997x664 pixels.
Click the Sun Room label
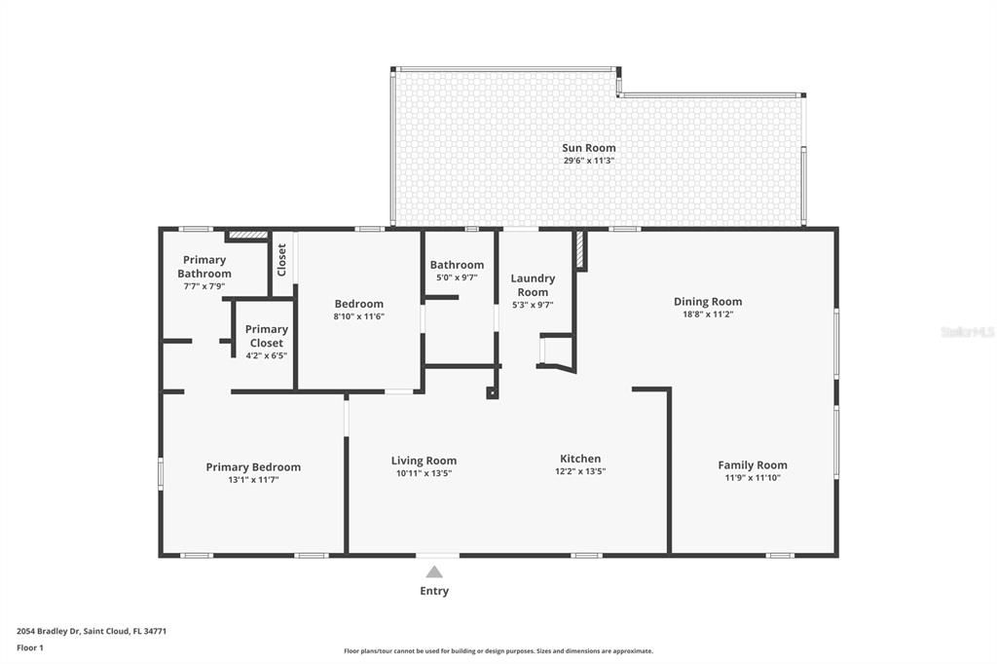(x=588, y=148)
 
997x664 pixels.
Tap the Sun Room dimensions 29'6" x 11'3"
(x=588, y=161)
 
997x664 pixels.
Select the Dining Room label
(x=707, y=302)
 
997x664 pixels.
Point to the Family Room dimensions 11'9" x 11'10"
(x=753, y=478)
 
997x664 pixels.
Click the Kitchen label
(x=580, y=459)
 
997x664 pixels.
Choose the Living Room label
(x=424, y=461)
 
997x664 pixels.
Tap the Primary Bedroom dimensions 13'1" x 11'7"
(x=253, y=480)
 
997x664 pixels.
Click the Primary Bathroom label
(x=204, y=267)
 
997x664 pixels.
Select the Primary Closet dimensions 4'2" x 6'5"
(x=266, y=355)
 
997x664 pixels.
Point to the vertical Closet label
(x=282, y=260)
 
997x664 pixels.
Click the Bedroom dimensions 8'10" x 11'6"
(x=358, y=316)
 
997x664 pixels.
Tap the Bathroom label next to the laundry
(x=457, y=265)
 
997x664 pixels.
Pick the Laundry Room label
(x=533, y=285)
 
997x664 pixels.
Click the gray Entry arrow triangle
(x=434, y=572)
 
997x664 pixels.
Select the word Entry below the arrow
(x=434, y=591)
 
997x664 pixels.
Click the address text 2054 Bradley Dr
(x=92, y=631)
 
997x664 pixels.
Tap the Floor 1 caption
(x=30, y=647)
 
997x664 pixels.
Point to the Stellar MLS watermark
(x=967, y=332)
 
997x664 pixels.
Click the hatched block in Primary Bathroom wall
(x=247, y=235)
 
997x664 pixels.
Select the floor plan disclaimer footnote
(x=498, y=651)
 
